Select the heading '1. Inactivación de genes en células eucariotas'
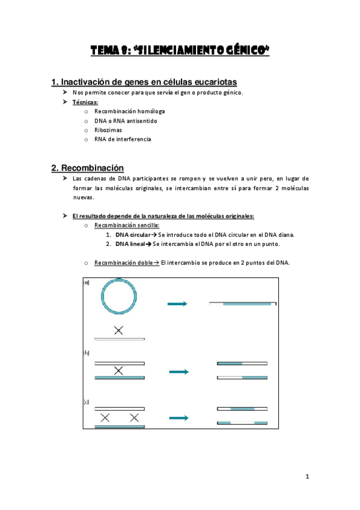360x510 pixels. pos(144,82)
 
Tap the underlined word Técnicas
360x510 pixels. pos(85,102)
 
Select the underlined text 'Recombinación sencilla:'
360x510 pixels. pos(126,225)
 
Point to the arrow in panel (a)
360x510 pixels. pos(178,304)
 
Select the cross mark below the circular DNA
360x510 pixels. pos(119,330)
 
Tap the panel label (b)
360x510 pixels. pos(87,353)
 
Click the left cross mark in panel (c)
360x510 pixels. pos(105,417)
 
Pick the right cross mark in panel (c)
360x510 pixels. pos(134,417)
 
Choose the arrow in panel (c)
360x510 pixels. pos(178,417)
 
